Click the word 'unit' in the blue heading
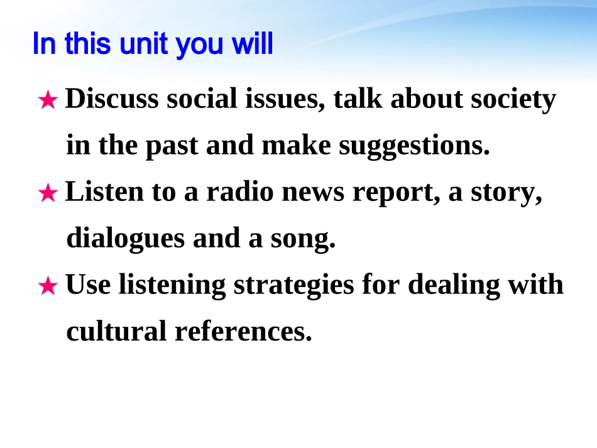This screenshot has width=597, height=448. [x=143, y=44]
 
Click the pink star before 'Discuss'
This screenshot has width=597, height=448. [x=48, y=100]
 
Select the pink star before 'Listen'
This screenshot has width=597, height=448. [x=48, y=193]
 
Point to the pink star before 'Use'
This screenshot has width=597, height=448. [x=48, y=286]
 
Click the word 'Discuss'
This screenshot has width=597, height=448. [x=112, y=99]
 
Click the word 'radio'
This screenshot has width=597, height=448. [x=240, y=192]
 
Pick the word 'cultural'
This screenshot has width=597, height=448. [x=116, y=331]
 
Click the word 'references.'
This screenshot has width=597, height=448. [x=243, y=331]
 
